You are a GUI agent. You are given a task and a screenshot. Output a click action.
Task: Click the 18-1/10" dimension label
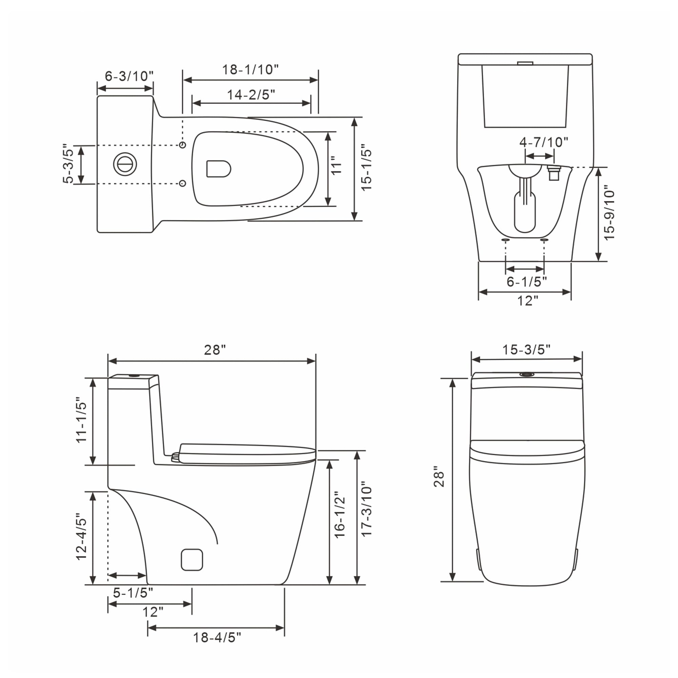click(x=250, y=70)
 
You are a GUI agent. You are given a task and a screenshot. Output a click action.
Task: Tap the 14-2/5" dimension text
click(x=251, y=95)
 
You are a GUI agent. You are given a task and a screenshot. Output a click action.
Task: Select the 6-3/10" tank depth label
click(x=129, y=76)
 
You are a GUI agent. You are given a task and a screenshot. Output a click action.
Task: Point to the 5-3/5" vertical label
click(x=68, y=164)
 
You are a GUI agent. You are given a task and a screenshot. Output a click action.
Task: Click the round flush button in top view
click(x=125, y=164)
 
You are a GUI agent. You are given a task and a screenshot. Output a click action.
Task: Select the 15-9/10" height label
click(x=610, y=215)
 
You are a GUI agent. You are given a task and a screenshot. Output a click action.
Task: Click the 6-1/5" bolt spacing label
click(x=526, y=281)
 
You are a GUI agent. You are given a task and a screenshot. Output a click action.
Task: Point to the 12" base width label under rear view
click(x=528, y=301)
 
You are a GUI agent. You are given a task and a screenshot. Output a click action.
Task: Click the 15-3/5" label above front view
click(x=526, y=350)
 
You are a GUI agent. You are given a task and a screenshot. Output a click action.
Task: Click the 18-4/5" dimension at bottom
click(x=217, y=638)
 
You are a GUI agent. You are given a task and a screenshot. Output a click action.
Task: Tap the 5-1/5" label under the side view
click(x=133, y=593)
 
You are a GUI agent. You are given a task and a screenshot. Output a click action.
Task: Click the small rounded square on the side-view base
click(x=192, y=560)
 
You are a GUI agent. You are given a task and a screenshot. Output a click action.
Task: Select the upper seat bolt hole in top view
click(x=182, y=145)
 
